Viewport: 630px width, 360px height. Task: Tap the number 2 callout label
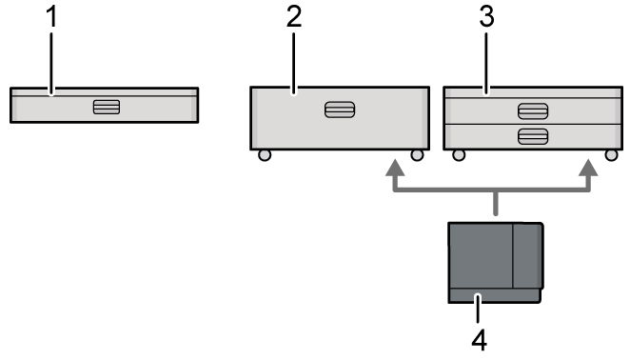[291, 19]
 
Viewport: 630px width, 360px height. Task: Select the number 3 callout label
[487, 19]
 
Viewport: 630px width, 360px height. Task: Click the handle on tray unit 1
[106, 106]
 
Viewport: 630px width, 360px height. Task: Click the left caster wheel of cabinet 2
[265, 154]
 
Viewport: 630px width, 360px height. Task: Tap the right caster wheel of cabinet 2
[417, 154]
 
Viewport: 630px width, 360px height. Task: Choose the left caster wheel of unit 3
[459, 154]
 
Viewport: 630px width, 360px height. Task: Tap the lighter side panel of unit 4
[527, 255]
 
